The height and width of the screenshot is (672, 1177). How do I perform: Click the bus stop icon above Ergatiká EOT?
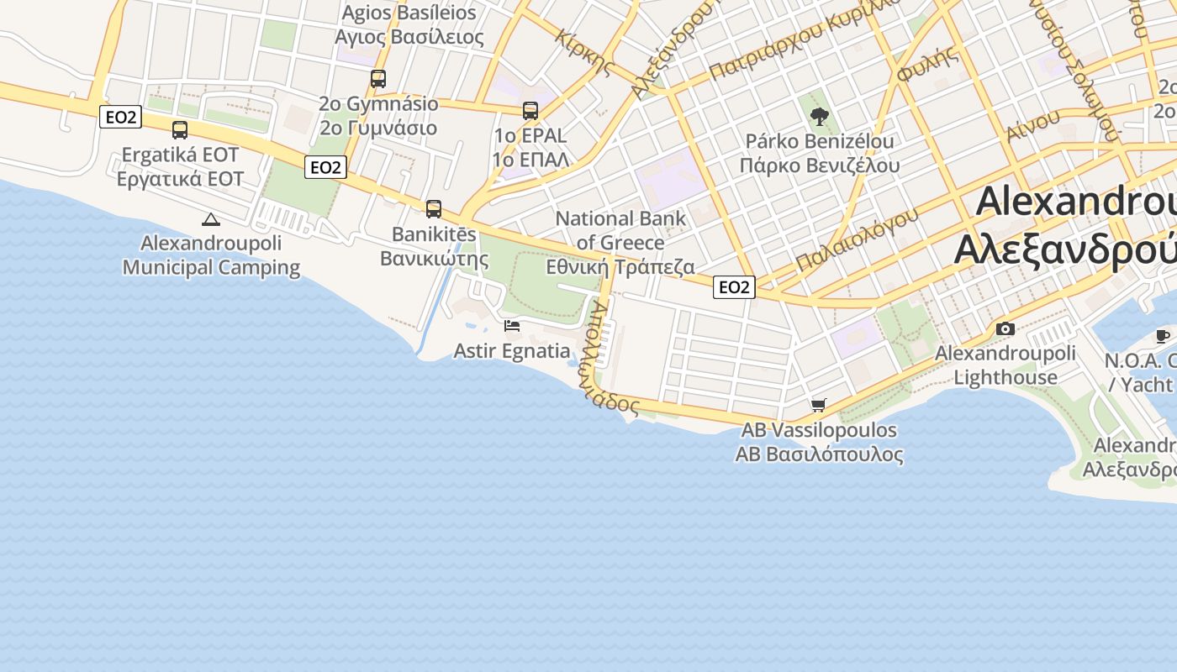180,130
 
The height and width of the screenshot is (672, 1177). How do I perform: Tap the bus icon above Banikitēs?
434,209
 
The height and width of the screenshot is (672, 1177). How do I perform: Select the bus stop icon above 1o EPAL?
530,111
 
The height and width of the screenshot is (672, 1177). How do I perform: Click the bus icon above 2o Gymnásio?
378,79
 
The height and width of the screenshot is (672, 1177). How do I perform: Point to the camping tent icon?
210,220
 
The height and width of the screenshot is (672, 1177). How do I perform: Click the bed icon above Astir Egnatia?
512,326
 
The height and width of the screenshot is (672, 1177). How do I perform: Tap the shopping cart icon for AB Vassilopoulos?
819,406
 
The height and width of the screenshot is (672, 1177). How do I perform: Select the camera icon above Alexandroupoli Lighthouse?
1005,329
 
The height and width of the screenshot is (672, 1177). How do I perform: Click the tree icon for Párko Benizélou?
820,116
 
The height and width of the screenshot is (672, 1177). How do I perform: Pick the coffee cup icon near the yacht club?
1163,337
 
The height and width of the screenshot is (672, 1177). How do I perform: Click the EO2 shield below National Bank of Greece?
734,287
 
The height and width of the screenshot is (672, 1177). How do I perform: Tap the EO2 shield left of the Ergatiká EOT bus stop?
120,117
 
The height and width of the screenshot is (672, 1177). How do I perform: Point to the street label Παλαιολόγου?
857,239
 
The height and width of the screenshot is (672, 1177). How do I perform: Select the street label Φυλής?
927,64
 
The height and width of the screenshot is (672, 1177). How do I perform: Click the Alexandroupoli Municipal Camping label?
211,255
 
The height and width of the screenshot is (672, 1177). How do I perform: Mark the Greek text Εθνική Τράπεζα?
620,267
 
